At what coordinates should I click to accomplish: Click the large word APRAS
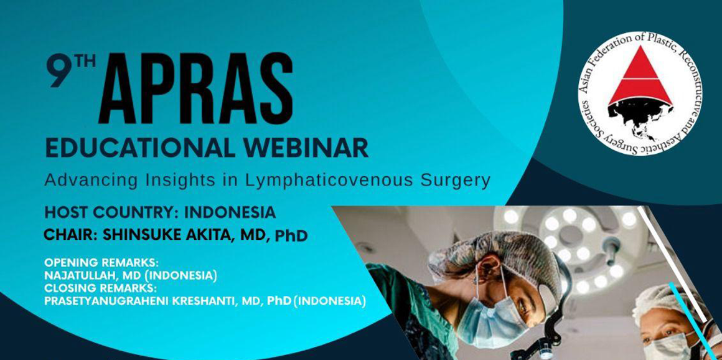pyautogui.click(x=195, y=88)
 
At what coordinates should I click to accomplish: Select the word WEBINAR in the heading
pyautogui.click(x=299, y=148)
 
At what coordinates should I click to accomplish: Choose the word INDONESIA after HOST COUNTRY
pyautogui.click(x=230, y=212)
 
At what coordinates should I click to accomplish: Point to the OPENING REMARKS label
pyautogui.click(x=101, y=263)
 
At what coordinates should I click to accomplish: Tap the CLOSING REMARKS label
pyautogui.click(x=100, y=289)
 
